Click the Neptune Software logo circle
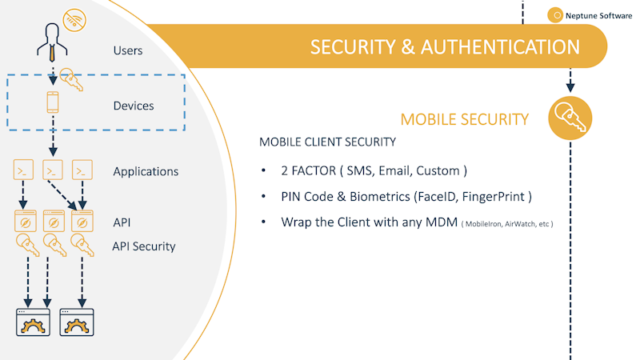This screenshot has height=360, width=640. pyautogui.click(x=554, y=14)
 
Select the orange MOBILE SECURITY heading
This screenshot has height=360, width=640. pyautogui.click(x=464, y=119)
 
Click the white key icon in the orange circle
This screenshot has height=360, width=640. pyautogui.click(x=570, y=118)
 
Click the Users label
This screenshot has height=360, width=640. pyautogui.click(x=128, y=50)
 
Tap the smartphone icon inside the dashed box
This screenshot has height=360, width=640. pyautogui.click(x=53, y=103)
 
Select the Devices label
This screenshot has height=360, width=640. pyautogui.click(x=134, y=106)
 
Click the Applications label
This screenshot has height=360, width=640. pyautogui.click(x=146, y=171)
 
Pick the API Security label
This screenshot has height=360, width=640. pyautogui.click(x=143, y=246)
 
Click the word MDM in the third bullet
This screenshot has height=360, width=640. pyautogui.click(x=438, y=222)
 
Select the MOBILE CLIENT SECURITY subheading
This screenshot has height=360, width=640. pyautogui.click(x=327, y=142)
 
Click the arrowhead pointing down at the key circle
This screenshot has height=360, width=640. pyautogui.click(x=570, y=85)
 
